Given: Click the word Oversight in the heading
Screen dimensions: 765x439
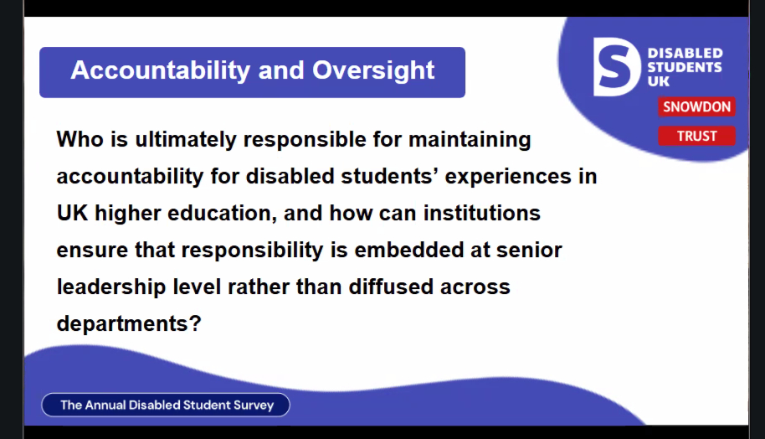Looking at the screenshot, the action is click(373, 71).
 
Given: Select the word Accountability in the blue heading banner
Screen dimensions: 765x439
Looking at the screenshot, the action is click(161, 71).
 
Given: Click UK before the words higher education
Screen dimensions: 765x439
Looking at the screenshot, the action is click(72, 214).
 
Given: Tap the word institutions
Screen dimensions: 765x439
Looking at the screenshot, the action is click(481, 214).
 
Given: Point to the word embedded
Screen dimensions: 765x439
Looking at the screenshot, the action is click(408, 250).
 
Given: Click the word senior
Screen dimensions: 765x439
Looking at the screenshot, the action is click(529, 250).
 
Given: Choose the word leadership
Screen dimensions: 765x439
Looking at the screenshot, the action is click(111, 287).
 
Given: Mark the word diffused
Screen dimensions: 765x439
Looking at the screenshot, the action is click(391, 287).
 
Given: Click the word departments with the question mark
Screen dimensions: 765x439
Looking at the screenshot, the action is click(129, 324).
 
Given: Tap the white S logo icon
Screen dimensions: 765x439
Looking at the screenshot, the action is click(617, 67).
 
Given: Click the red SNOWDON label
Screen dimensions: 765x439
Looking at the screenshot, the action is click(696, 107).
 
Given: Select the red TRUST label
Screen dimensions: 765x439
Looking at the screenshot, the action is click(696, 136).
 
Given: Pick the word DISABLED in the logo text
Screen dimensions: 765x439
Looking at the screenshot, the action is click(685, 53).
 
